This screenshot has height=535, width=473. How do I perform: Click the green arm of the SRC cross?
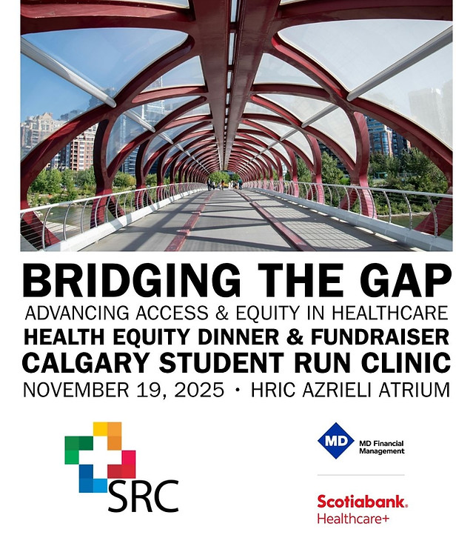coord(77,449)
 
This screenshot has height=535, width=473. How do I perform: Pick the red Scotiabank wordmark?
coord(361,502)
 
